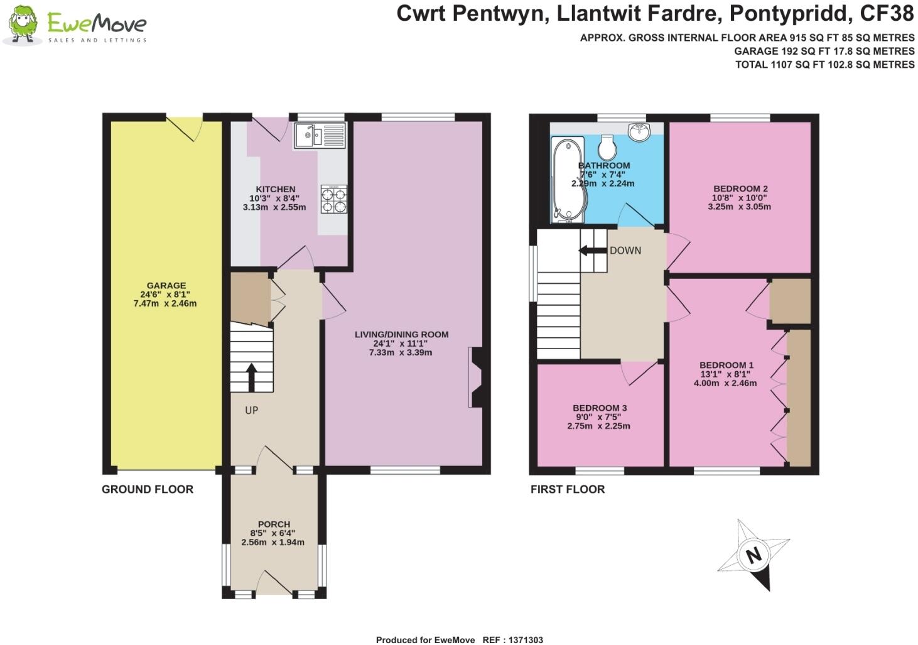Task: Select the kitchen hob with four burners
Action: coord(334,199)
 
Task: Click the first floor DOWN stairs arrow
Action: coord(588,251)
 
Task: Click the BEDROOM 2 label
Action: coord(740,188)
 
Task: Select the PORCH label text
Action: coord(274,524)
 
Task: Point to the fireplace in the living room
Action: coord(475,378)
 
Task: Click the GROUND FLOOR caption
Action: coord(148,489)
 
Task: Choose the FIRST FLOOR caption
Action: coord(568,489)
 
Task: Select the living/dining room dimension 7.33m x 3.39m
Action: coord(401,352)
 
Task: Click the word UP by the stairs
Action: coord(251,410)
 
